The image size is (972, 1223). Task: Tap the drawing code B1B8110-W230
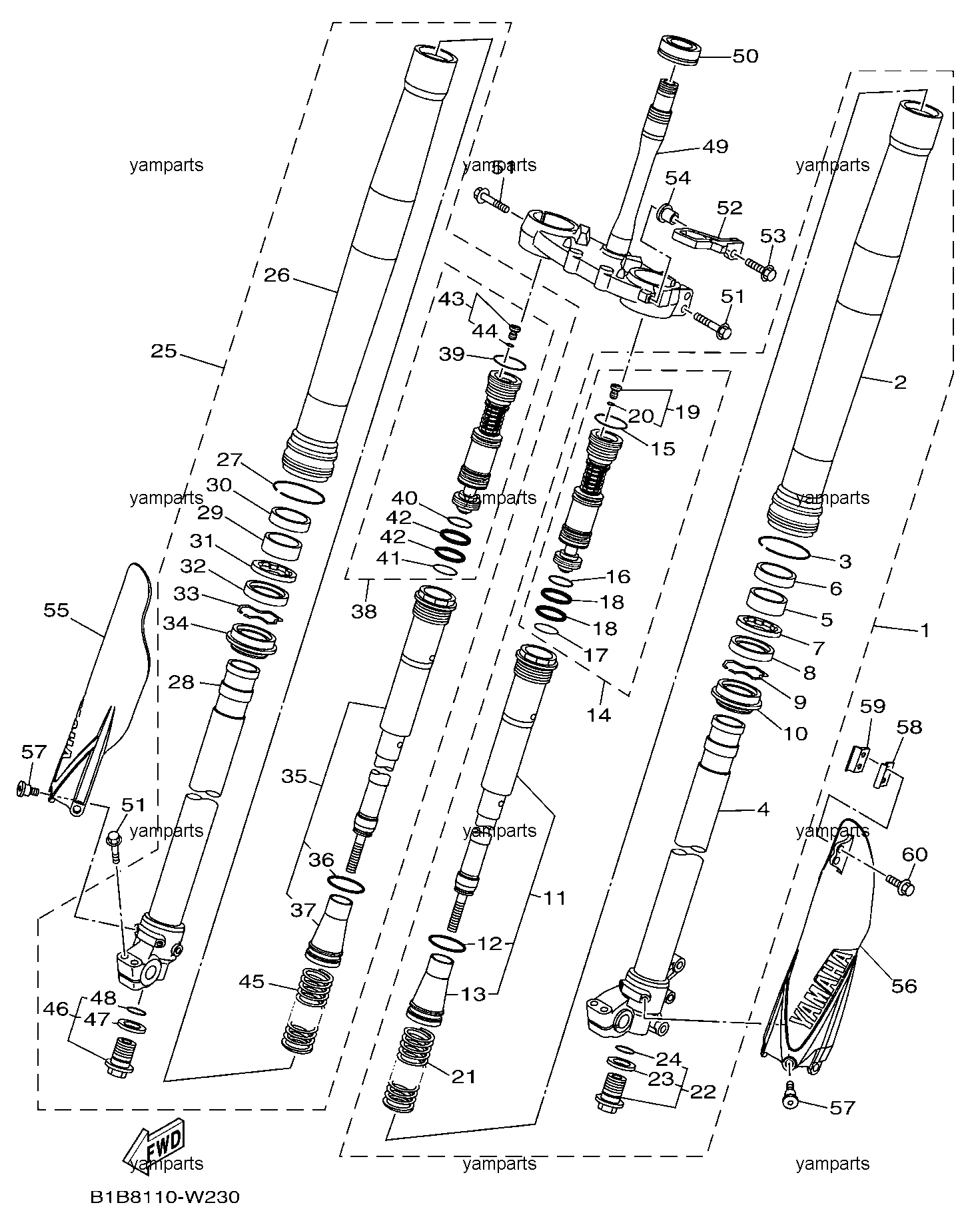tap(165, 1197)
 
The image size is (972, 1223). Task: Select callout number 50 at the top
tap(745, 56)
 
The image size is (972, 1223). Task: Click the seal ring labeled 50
tap(680, 51)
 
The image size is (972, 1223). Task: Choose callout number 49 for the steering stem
tap(716, 146)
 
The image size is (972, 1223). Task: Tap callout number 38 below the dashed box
tap(364, 611)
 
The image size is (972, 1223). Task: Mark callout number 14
tap(598, 715)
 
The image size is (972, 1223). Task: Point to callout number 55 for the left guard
tap(57, 611)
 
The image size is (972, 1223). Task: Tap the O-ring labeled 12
tap(447, 943)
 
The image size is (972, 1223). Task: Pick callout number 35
tap(294, 776)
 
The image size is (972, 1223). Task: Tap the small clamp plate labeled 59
tap(859, 759)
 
